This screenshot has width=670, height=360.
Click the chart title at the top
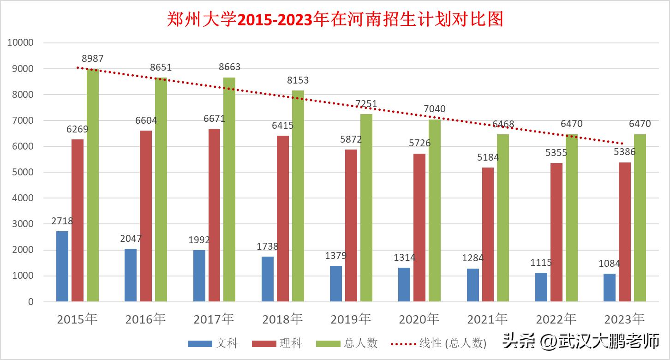(335, 19)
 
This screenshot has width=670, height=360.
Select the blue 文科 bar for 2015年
(62, 266)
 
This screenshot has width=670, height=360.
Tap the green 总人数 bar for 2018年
(298, 196)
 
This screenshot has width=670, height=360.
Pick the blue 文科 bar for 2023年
(610, 288)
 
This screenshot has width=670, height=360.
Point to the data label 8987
(93, 59)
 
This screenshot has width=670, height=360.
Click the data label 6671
(215, 119)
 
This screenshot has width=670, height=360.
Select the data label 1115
(541, 263)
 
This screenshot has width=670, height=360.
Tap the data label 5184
(488, 157)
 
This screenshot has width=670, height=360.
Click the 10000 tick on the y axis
(20, 43)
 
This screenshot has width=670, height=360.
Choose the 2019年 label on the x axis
(351, 319)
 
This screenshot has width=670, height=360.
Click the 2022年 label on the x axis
(556, 319)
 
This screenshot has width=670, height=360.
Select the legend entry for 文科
(213, 343)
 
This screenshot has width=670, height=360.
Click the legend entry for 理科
(277, 343)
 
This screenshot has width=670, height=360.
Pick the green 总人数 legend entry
(347, 343)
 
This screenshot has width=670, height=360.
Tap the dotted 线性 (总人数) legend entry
(438, 343)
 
